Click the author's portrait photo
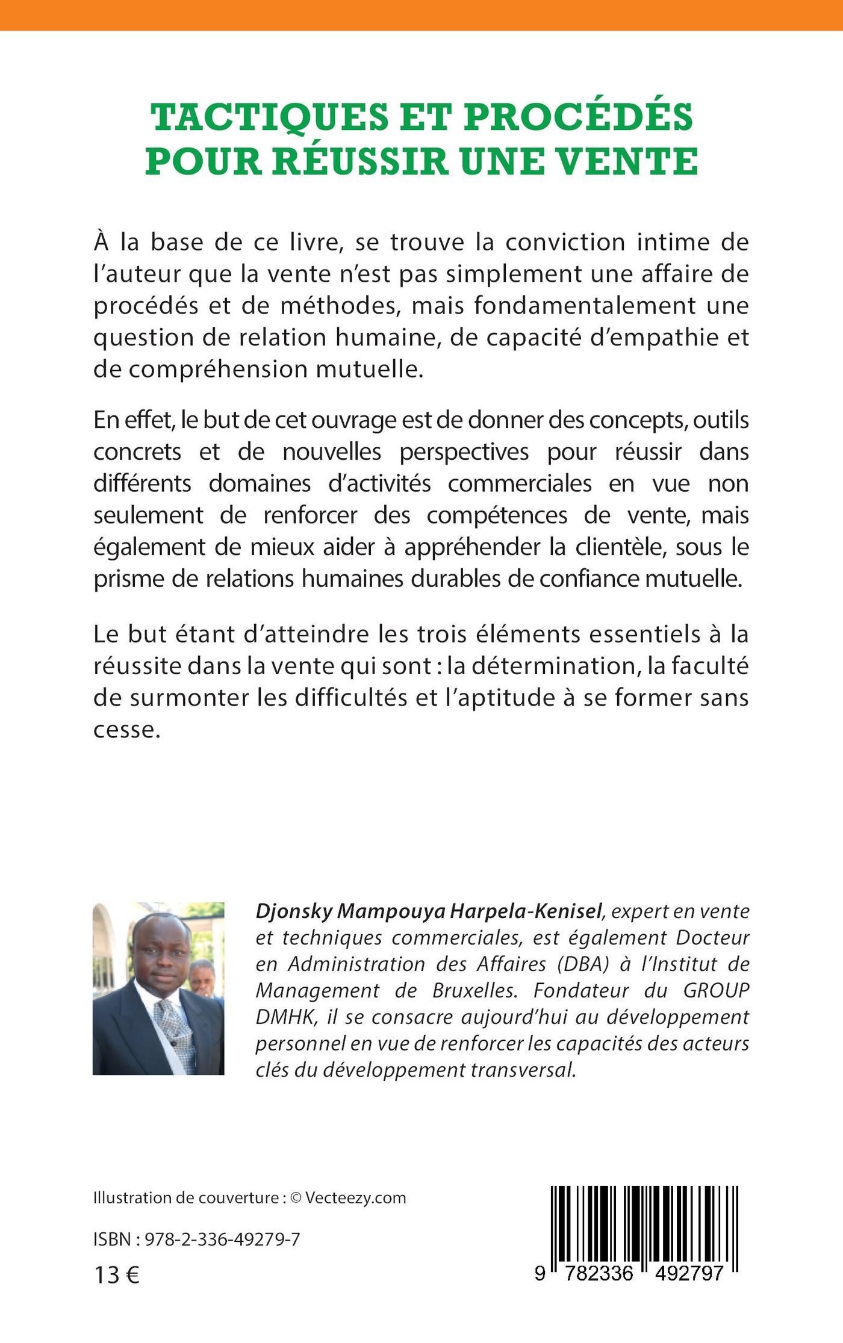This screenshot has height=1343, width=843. click(x=158, y=988)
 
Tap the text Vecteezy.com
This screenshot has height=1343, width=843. click(x=355, y=1197)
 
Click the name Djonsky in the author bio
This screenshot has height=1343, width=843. click(x=294, y=912)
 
